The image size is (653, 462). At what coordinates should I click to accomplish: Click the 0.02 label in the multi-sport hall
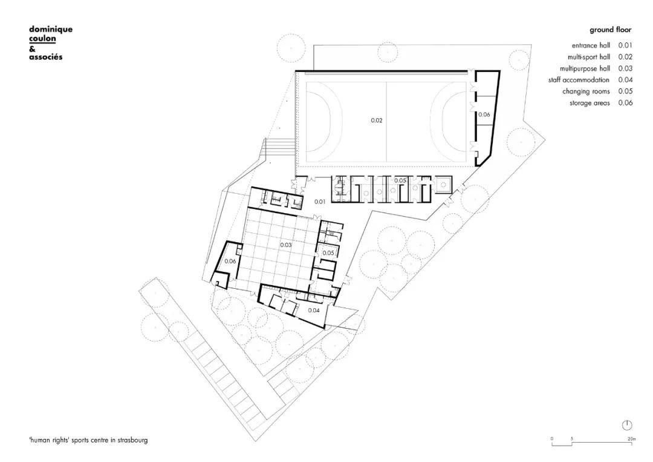377,120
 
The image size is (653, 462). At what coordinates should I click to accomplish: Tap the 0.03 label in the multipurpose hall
287,245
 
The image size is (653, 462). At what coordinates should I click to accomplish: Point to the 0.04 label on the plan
314,310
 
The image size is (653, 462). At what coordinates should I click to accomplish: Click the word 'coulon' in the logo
42,38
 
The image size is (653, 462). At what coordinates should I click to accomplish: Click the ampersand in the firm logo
32,48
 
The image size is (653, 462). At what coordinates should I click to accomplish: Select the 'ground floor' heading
611,30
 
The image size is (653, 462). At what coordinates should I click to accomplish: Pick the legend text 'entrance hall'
591,45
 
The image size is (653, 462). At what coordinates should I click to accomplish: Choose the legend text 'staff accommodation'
579,80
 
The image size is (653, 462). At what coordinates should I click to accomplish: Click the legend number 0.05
625,91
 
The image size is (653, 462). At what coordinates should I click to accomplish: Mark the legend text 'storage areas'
590,103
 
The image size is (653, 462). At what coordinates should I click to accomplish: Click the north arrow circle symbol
627,424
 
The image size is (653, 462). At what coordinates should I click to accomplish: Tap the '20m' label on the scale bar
631,438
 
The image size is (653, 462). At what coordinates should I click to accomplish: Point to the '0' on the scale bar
551,438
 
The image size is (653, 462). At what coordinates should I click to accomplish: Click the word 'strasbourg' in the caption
131,440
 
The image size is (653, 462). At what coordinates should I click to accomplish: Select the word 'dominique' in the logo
51,28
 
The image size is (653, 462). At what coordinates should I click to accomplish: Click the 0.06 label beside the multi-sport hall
484,114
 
